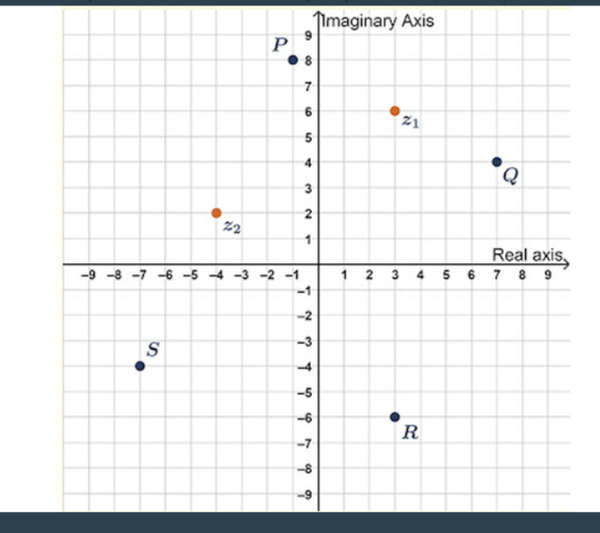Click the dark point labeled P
pos(292,59)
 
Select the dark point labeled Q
pos(497,162)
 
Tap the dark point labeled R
pos(395,417)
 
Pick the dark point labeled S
pos(139,366)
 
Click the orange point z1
pos(395,111)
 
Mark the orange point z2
pos(216,213)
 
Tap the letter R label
pos(409,433)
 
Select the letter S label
pos(153,350)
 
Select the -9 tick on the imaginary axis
pos(306,495)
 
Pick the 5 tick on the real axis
pos(446,275)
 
